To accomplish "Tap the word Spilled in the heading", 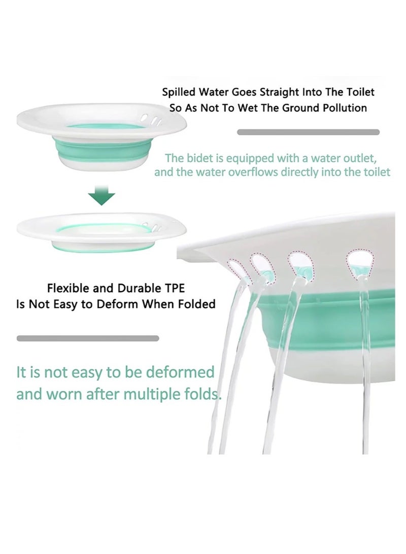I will (x=178, y=92).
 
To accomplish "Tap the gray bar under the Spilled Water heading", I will (x=308, y=132).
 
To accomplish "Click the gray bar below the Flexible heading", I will (x=88, y=338).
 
